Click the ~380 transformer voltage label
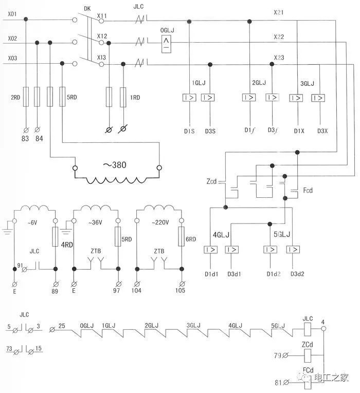[115, 165]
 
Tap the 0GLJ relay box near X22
[166, 44]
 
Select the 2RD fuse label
[15, 97]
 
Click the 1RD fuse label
[135, 97]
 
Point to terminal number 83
[25, 139]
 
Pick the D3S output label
[210, 131]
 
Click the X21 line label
[278, 12]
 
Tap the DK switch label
[87, 9]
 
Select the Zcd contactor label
[211, 181]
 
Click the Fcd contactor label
[308, 190]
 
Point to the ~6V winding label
[32, 222]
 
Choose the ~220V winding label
[160, 222]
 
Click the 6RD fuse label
[191, 239]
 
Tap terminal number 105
[180, 290]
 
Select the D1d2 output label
[274, 274]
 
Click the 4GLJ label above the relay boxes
[221, 235]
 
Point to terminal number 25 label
[62, 326]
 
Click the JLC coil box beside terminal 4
[308, 329]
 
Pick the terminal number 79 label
[278, 355]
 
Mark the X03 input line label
[12, 58]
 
